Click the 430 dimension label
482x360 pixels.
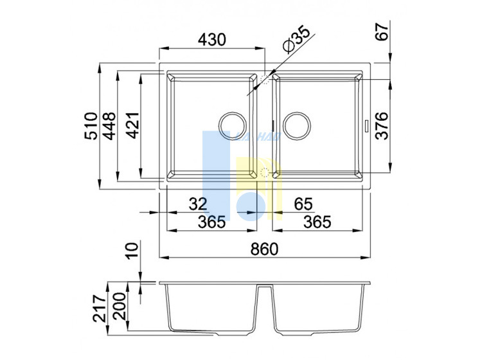[x=212, y=40]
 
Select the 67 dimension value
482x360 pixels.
[x=382, y=31]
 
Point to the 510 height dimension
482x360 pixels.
[x=91, y=126]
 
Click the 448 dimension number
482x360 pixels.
[x=109, y=126]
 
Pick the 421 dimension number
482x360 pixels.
[x=133, y=125]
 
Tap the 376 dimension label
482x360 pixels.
[x=382, y=126]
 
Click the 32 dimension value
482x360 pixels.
[x=198, y=204]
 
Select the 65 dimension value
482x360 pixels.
[x=303, y=204]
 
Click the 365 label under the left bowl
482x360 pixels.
[x=211, y=222]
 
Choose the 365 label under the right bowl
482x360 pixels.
[x=317, y=222]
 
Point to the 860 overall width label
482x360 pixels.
[x=264, y=249]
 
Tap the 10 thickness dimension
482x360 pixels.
[x=133, y=251]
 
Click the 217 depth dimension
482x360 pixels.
[x=100, y=309]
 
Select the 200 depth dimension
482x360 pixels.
[x=119, y=306]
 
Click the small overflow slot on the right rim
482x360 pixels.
[x=367, y=126]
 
